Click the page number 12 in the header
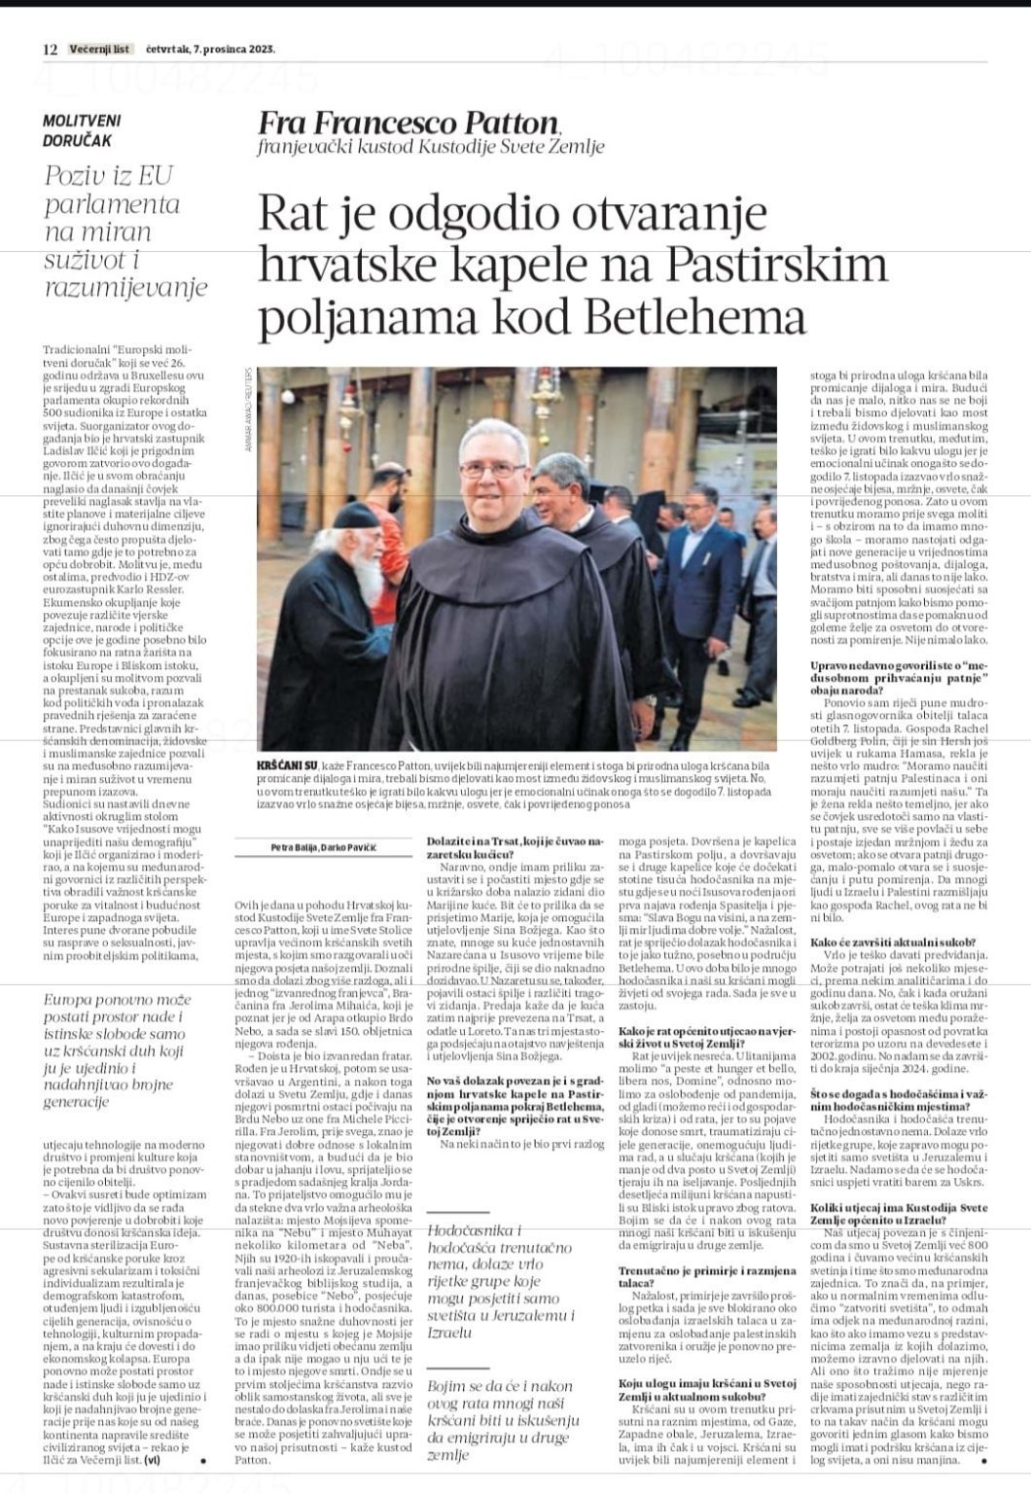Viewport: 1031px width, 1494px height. [51, 49]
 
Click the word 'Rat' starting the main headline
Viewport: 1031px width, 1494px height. [294, 213]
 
